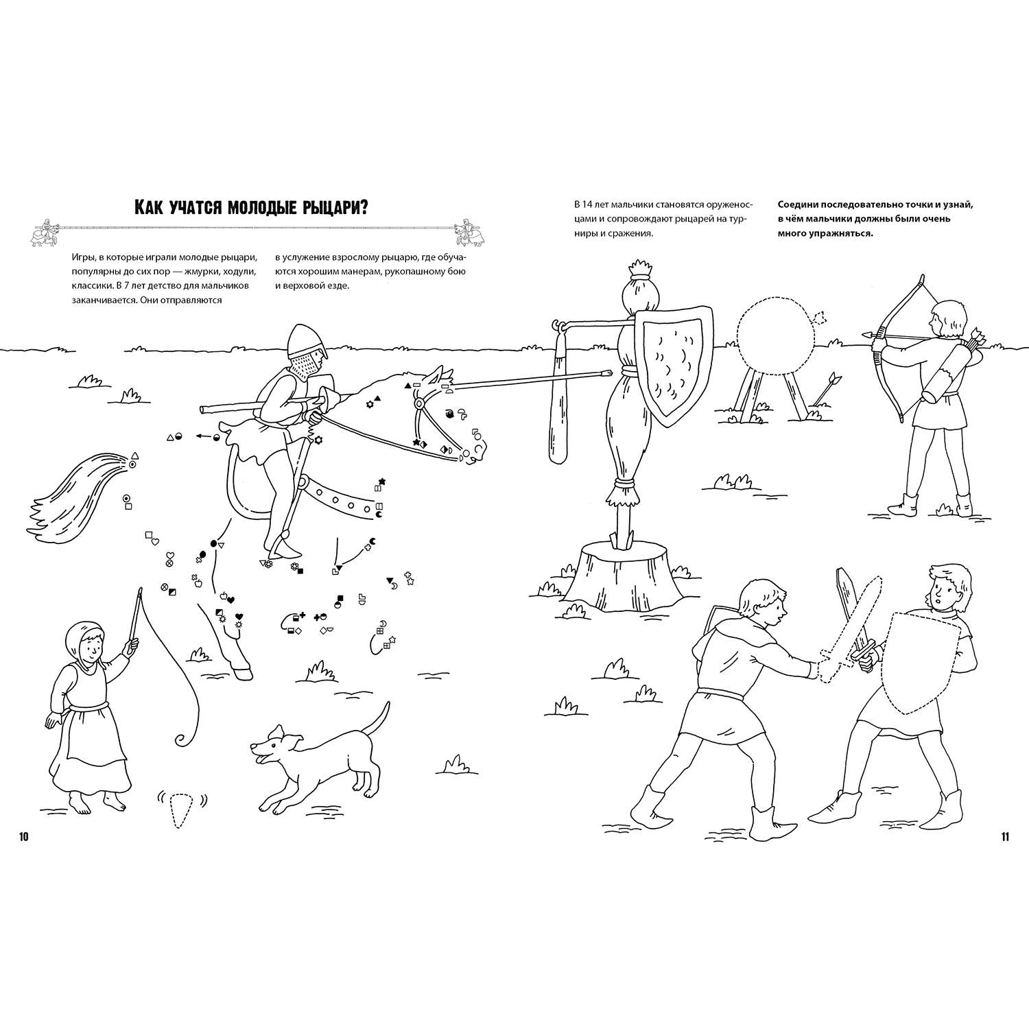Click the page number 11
click(1004, 836)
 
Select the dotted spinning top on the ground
click(180, 809)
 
